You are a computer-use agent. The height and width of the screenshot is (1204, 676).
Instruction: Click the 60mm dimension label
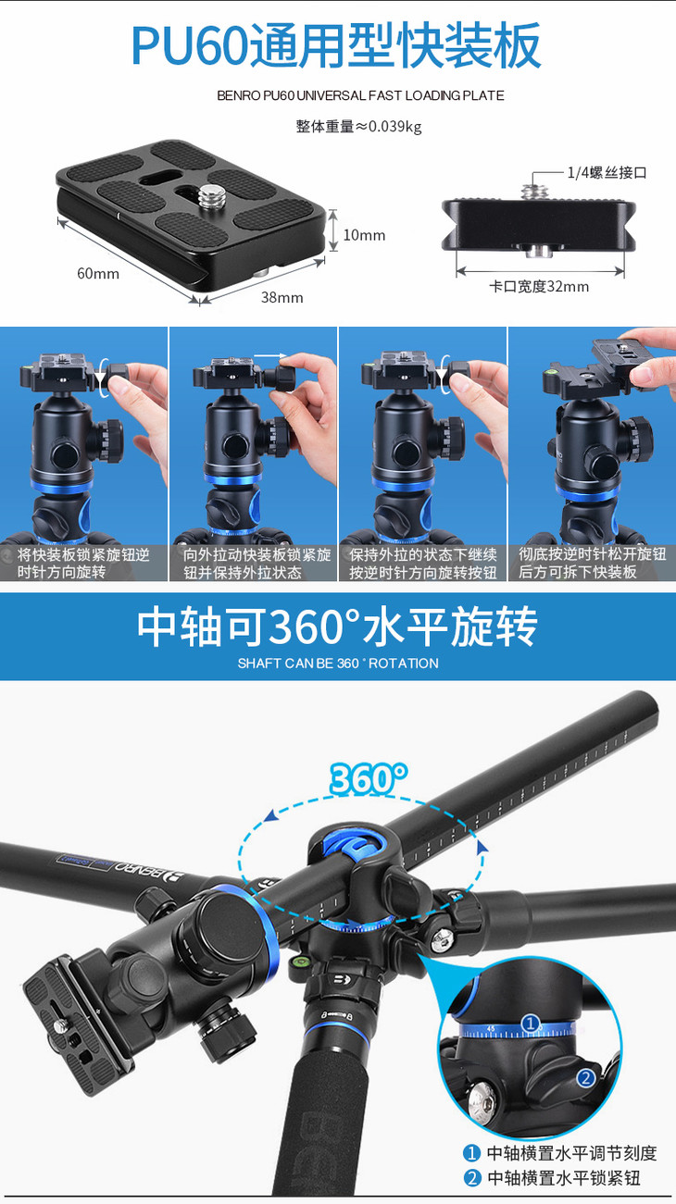(x=98, y=274)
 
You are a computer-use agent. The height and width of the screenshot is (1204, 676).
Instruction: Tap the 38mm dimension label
(x=282, y=297)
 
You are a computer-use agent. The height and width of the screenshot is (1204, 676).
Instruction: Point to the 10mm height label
(x=364, y=235)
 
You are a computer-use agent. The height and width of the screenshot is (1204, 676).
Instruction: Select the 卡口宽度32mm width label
(x=539, y=286)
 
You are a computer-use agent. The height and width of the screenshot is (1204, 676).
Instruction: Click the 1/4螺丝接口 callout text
(x=607, y=172)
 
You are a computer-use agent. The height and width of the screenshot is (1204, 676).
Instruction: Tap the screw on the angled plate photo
(x=207, y=196)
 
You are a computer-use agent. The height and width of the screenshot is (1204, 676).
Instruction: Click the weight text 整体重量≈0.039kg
(x=358, y=126)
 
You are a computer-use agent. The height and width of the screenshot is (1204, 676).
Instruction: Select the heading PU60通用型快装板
(x=337, y=45)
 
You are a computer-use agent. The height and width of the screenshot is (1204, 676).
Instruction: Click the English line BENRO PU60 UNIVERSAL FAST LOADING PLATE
(x=360, y=95)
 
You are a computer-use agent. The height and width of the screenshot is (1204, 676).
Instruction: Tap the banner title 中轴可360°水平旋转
(x=337, y=627)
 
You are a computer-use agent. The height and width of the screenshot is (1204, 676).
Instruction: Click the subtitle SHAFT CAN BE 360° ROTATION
(x=338, y=664)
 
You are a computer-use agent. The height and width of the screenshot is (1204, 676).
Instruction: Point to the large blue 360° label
(x=369, y=778)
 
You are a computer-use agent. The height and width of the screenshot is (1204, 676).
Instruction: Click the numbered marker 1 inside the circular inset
(x=531, y=1024)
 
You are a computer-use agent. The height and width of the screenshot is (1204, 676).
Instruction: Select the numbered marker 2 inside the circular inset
(x=586, y=1076)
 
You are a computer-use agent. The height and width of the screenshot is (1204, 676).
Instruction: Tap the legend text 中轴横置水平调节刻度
(x=572, y=1153)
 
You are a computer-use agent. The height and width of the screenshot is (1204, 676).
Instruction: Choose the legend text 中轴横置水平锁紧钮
(x=564, y=1178)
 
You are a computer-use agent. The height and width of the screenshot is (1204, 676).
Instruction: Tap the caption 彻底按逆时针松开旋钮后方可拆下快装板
(x=592, y=563)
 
